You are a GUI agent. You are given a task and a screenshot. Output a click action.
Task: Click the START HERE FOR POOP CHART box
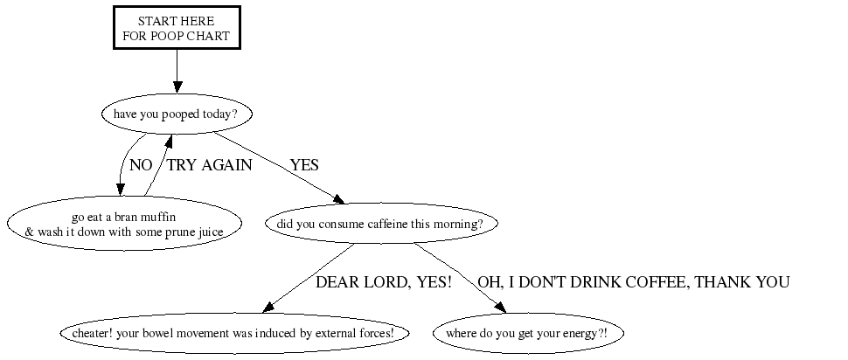177,28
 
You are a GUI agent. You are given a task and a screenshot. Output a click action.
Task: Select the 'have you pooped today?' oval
177,114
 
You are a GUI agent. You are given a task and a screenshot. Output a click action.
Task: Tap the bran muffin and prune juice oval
124,224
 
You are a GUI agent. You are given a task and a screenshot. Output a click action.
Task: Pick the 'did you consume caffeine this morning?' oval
381,224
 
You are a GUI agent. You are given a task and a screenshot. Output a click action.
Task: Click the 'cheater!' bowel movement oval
234,334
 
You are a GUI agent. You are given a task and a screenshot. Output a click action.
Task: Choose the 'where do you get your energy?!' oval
528,334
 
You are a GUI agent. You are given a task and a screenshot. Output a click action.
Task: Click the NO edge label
141,165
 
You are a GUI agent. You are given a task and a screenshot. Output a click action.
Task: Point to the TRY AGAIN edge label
209,165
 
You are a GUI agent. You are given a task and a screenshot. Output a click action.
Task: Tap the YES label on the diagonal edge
304,165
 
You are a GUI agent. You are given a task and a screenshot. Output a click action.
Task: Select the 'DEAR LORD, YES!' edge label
384,282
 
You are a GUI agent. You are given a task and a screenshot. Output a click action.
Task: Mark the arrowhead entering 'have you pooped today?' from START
177,87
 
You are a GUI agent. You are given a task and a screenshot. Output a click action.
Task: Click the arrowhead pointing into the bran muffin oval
120,190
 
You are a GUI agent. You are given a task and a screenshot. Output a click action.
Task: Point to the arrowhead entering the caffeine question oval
339,199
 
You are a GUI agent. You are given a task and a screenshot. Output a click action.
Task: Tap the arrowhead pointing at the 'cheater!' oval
268,308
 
